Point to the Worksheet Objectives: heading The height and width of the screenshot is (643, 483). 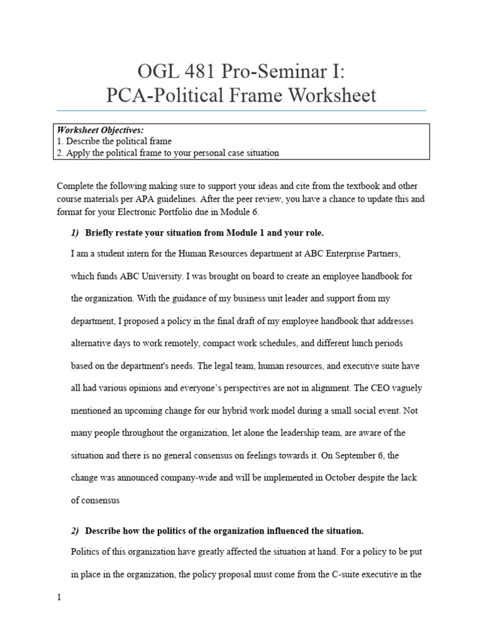pyautogui.click(x=101, y=130)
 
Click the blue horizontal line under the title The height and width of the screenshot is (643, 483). pyautogui.click(x=241, y=111)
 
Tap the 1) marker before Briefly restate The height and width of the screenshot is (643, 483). pyautogui.click(x=75, y=233)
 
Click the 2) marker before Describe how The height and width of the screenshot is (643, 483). pyautogui.click(x=75, y=531)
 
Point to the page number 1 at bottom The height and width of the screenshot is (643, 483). pyautogui.click(x=59, y=598)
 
